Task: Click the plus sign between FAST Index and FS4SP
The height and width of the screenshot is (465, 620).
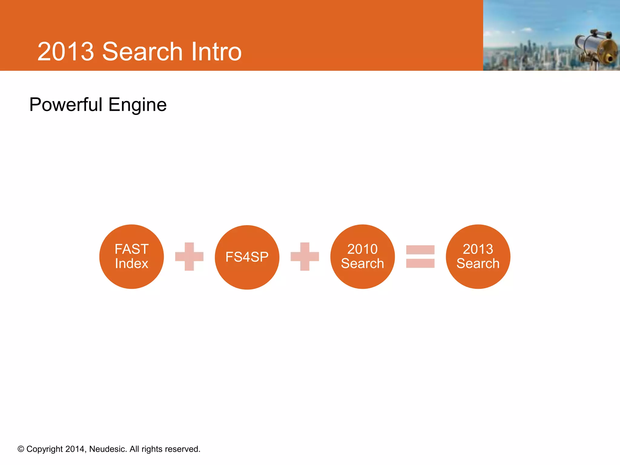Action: point(189,256)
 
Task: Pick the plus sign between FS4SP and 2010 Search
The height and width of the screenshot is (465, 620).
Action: point(305,256)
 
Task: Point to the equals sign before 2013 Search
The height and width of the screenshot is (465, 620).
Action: point(420,256)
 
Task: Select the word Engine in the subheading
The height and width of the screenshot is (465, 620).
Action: point(137,105)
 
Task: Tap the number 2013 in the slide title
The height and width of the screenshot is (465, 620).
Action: point(66,52)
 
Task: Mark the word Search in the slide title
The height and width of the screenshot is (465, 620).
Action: point(142,52)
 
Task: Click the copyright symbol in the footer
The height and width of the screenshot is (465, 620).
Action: point(21,449)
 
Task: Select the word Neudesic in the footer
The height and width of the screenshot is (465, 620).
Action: point(107,449)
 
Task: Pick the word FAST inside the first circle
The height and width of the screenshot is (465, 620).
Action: point(131,249)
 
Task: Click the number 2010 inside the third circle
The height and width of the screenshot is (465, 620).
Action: point(362,249)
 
